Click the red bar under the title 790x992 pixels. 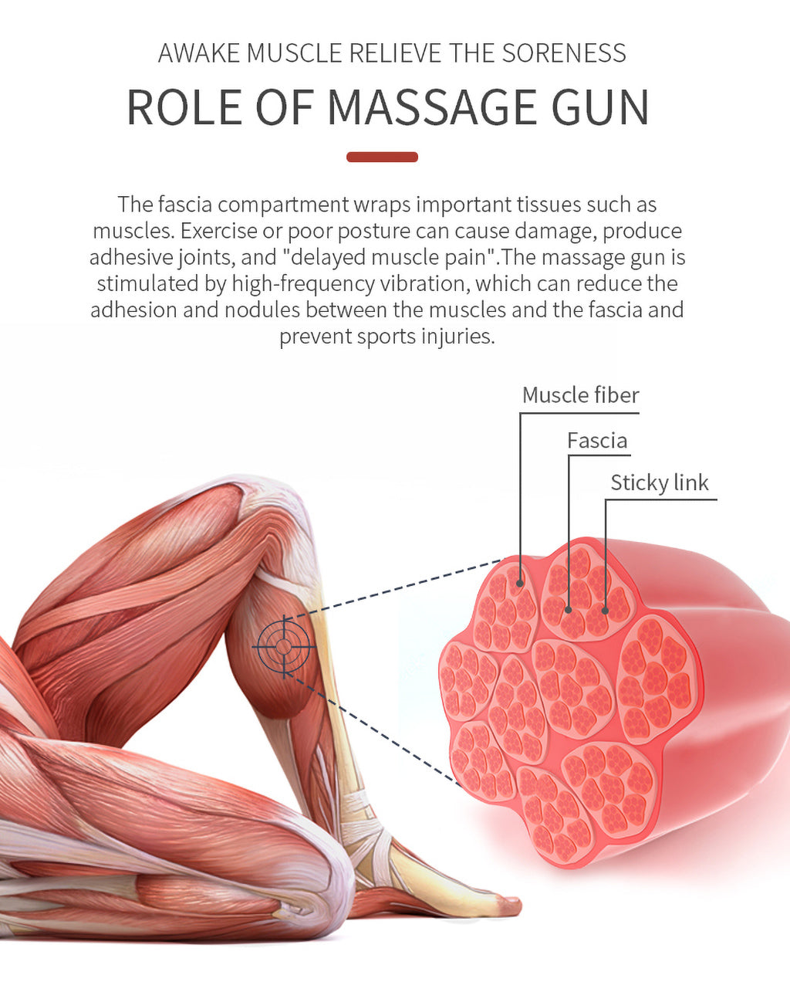coord(382,157)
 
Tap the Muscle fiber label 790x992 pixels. coord(580,395)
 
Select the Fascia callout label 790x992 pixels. coord(597,441)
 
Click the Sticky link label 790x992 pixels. coord(659,483)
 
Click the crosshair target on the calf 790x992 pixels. coord(284,645)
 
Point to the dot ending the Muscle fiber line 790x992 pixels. coord(521,583)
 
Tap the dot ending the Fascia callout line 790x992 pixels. coord(569,609)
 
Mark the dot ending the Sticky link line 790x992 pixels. coord(606,611)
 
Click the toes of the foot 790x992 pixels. coord(505,902)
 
